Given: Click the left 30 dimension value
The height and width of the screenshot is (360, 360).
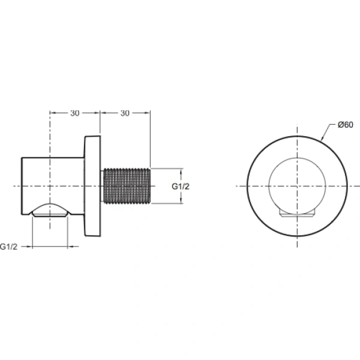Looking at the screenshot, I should [74, 112].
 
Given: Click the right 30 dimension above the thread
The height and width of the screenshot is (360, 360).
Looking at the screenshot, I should [125, 112].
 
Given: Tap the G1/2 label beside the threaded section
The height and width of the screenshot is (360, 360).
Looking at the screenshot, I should [181, 187].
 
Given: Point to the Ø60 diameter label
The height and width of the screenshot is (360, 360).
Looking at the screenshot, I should [344, 125].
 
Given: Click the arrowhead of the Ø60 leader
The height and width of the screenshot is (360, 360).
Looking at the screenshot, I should [323, 140].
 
